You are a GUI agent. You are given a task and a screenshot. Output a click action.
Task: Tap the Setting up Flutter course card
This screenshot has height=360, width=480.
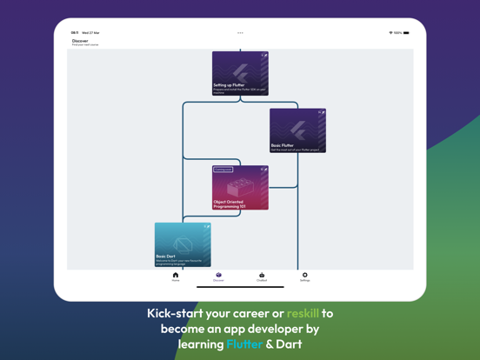(x=240, y=73)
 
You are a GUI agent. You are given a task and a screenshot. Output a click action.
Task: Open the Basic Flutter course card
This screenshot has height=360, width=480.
(x=297, y=130)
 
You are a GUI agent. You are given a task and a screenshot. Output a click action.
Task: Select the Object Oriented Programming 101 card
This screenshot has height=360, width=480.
(x=240, y=188)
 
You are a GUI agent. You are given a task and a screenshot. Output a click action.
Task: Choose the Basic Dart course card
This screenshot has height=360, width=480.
(x=183, y=244)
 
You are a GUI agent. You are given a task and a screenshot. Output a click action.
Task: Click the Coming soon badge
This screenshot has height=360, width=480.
(x=223, y=170)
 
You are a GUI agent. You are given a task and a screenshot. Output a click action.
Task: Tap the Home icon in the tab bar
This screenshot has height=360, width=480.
(x=176, y=276)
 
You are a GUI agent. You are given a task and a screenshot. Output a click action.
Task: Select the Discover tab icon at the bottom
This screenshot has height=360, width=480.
(x=218, y=276)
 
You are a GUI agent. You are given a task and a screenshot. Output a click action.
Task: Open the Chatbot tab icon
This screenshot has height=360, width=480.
(x=262, y=276)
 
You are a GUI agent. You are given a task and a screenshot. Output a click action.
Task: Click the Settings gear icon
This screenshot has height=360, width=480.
(x=305, y=276)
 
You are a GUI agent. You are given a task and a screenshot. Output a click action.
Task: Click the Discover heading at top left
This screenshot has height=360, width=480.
(x=80, y=41)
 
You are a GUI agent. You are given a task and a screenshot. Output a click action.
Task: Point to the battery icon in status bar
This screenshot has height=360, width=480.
(x=406, y=33)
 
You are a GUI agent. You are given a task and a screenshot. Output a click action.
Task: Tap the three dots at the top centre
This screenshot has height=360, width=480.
(x=240, y=33)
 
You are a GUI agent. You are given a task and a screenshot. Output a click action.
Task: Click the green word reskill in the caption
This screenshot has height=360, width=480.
(x=303, y=313)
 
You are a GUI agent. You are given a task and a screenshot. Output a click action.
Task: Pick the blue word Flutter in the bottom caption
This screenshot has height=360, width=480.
(x=244, y=344)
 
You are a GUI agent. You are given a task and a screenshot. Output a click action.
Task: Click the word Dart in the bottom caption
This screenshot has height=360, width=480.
(x=290, y=344)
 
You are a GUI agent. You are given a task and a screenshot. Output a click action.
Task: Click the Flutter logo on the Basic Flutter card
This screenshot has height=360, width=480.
(x=297, y=128)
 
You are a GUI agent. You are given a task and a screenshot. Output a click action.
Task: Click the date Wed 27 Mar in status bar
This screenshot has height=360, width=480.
(x=90, y=33)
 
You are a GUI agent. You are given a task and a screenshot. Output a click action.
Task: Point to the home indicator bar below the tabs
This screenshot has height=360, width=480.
(x=240, y=287)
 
